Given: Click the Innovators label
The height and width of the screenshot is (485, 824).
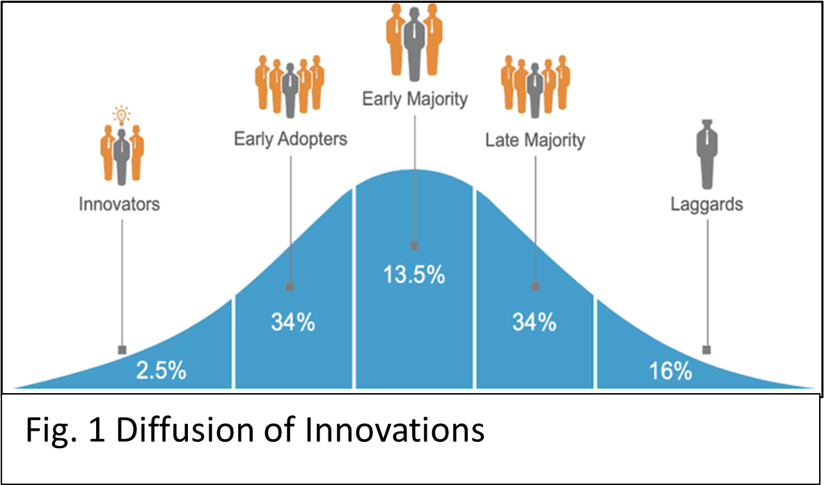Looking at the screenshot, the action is pyautogui.click(x=119, y=204).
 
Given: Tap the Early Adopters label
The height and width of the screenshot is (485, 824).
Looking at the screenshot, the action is pyautogui.click(x=291, y=139).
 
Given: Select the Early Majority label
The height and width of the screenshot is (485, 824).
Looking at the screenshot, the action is pyautogui.click(x=415, y=100).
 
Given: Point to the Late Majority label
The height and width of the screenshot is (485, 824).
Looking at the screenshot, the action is pyautogui.click(x=535, y=141).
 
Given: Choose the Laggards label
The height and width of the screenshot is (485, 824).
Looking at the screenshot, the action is pyautogui.click(x=707, y=205).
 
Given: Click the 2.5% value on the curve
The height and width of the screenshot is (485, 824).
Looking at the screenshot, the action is pyautogui.click(x=161, y=372).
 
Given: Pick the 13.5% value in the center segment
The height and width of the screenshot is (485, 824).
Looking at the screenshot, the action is pyautogui.click(x=414, y=276).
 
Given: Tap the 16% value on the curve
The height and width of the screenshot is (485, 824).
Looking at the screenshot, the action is pyautogui.click(x=671, y=372).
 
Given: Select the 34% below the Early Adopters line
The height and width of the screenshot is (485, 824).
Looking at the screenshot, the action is pyautogui.click(x=293, y=323).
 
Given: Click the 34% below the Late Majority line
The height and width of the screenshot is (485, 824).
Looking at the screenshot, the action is pyautogui.click(x=534, y=323).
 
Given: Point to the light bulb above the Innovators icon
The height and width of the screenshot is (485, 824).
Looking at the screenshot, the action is pyautogui.click(x=122, y=113).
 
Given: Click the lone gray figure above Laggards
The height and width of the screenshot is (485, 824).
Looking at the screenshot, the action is pyautogui.click(x=707, y=154).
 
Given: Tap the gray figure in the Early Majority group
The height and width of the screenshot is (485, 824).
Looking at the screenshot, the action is pyautogui.click(x=415, y=45).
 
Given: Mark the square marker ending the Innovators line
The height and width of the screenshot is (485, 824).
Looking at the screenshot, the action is pyautogui.click(x=122, y=350).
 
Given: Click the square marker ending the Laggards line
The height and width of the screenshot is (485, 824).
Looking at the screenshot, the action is pyautogui.click(x=707, y=350).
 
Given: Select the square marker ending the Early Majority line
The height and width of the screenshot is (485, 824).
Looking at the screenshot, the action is pyautogui.click(x=414, y=246).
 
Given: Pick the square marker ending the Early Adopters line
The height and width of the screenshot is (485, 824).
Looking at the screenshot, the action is pyautogui.click(x=290, y=287).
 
